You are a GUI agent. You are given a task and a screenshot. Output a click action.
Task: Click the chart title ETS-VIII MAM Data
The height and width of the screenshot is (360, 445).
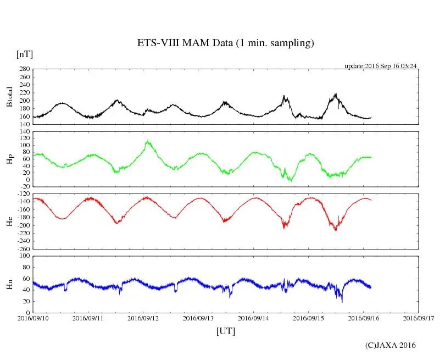(x=225, y=43)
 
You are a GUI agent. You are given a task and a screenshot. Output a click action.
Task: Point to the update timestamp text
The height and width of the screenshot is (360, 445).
(x=381, y=66)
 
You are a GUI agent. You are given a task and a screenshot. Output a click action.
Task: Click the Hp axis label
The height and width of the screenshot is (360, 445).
(x=9, y=159)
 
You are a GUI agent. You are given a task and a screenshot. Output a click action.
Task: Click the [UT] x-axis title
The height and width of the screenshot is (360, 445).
(x=226, y=331)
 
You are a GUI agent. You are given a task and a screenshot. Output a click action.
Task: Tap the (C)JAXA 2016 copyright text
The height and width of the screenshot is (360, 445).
(x=391, y=345)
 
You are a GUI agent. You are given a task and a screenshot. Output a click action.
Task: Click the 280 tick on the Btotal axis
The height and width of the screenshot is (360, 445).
(x=24, y=69)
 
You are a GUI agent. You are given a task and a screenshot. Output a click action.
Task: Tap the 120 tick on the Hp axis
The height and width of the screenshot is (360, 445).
(x=24, y=132)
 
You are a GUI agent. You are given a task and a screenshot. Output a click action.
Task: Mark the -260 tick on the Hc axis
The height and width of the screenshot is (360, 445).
(x=22, y=248)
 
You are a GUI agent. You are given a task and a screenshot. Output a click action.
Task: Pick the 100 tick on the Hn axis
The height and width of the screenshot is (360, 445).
(x=24, y=256)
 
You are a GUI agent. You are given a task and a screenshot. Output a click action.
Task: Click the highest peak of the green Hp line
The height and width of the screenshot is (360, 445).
(x=147, y=141)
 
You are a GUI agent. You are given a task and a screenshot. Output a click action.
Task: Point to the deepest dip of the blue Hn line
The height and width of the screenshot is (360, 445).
(x=342, y=302)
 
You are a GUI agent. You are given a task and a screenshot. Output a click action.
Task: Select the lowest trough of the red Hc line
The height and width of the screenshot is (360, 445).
(x=336, y=230)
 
